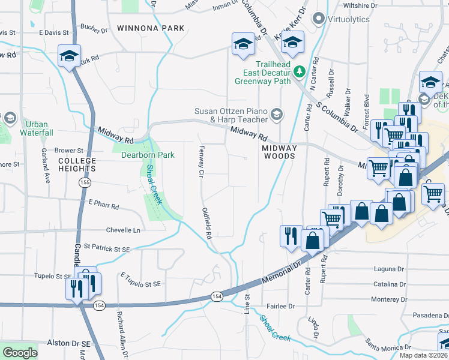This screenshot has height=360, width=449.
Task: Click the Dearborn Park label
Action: pos(148,155)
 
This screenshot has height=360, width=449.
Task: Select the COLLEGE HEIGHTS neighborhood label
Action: pos(77,166)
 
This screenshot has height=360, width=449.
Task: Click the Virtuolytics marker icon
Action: pos(318,19)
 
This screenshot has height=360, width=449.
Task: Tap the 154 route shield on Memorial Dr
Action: pos(216,296)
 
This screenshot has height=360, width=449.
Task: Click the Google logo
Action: pos(20,352)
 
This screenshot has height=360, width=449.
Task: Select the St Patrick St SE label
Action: pos(107,247)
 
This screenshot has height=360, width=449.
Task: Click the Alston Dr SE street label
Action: pos(68,343)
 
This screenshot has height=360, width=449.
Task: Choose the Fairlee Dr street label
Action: pos(281,306)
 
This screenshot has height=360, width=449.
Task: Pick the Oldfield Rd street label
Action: pos(205,223)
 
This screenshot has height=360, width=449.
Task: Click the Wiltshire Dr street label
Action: pos(360,5)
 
